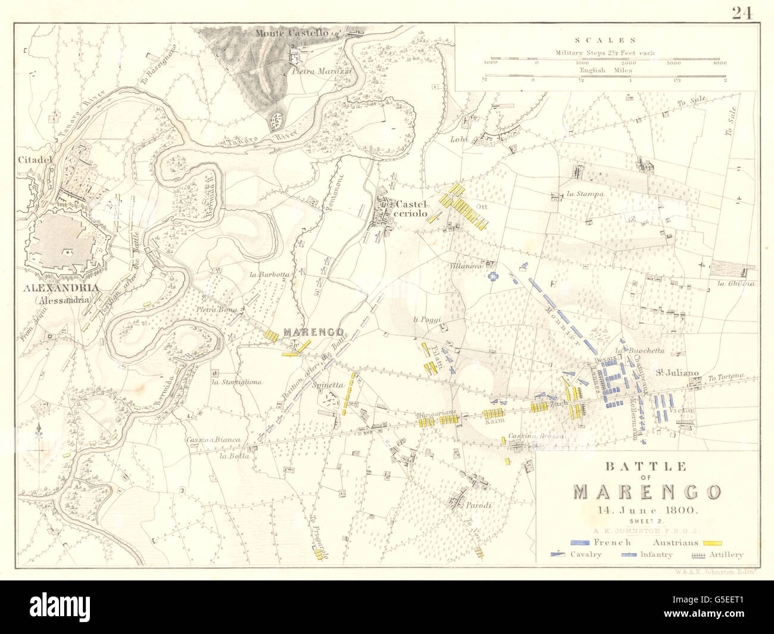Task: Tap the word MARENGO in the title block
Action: click(x=647, y=492)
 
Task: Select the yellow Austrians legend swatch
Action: click(x=712, y=542)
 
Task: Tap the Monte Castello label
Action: click(x=292, y=33)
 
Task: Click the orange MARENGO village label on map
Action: click(x=313, y=332)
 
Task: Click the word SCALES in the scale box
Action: click(x=617, y=40)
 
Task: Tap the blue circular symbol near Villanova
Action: click(x=493, y=276)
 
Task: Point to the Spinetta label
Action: click(x=329, y=385)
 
